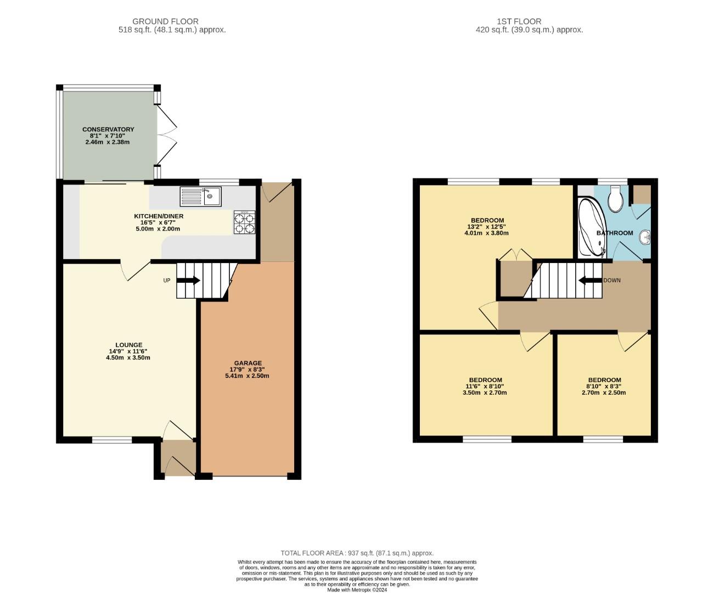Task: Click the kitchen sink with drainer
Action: (x=201, y=197)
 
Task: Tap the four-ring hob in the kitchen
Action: (x=245, y=222)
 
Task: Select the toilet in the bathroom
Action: (x=615, y=198)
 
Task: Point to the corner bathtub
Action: (x=592, y=227)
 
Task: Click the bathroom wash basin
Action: (x=645, y=237)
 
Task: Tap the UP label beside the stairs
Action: (x=166, y=281)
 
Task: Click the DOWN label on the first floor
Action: (x=612, y=281)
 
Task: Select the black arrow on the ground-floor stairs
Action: (x=188, y=281)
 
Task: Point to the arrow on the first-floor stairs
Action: (x=590, y=281)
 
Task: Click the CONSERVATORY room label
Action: (x=108, y=130)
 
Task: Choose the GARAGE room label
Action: (x=248, y=363)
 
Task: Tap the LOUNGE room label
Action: (x=128, y=345)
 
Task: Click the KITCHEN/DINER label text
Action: (x=159, y=216)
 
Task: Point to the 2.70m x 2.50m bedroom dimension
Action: (x=604, y=393)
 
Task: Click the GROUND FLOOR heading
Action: (x=166, y=21)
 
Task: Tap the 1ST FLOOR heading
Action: (x=519, y=21)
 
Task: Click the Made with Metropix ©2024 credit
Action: (x=357, y=590)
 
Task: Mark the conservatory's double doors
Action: (x=167, y=135)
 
